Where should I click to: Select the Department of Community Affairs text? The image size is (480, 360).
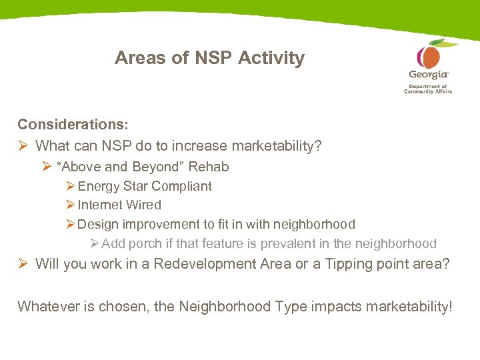click(428, 89)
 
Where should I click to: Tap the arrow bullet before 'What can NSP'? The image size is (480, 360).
click(23, 145)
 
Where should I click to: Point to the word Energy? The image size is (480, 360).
click(97, 187)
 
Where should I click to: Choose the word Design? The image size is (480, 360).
click(99, 225)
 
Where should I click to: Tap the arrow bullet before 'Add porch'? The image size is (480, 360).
click(94, 244)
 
